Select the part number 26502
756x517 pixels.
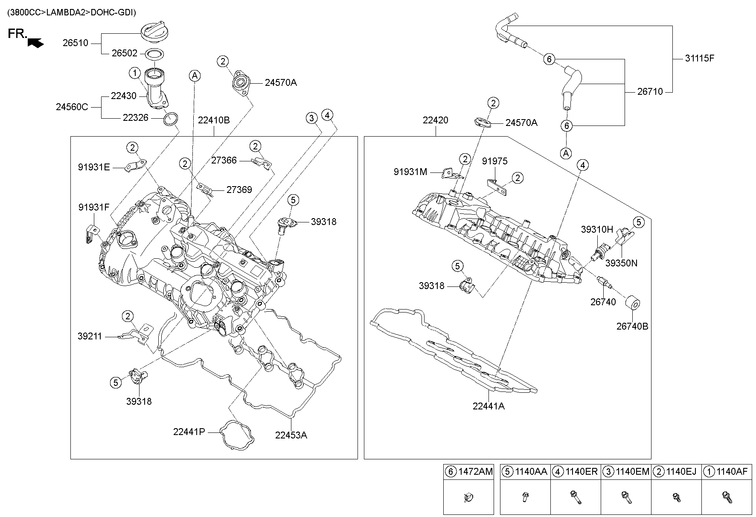[125, 53]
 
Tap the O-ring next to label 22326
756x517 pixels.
[171, 120]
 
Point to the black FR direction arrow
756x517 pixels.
[35, 42]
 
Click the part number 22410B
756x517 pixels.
[214, 120]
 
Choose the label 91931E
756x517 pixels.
[94, 167]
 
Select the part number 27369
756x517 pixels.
[239, 190]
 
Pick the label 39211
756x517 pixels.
[90, 336]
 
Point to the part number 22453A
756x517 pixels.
[291, 435]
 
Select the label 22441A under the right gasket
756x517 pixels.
[488, 406]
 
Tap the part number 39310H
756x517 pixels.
[597, 229]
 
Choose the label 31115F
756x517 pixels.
[699, 58]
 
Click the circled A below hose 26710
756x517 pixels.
[566, 153]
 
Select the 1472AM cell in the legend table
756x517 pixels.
[468, 472]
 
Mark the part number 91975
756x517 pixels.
[495, 161]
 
